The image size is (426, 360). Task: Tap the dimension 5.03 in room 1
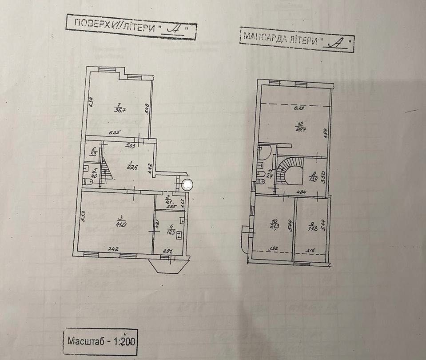click(x=130, y=145)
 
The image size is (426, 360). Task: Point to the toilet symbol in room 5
click(x=89, y=182)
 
